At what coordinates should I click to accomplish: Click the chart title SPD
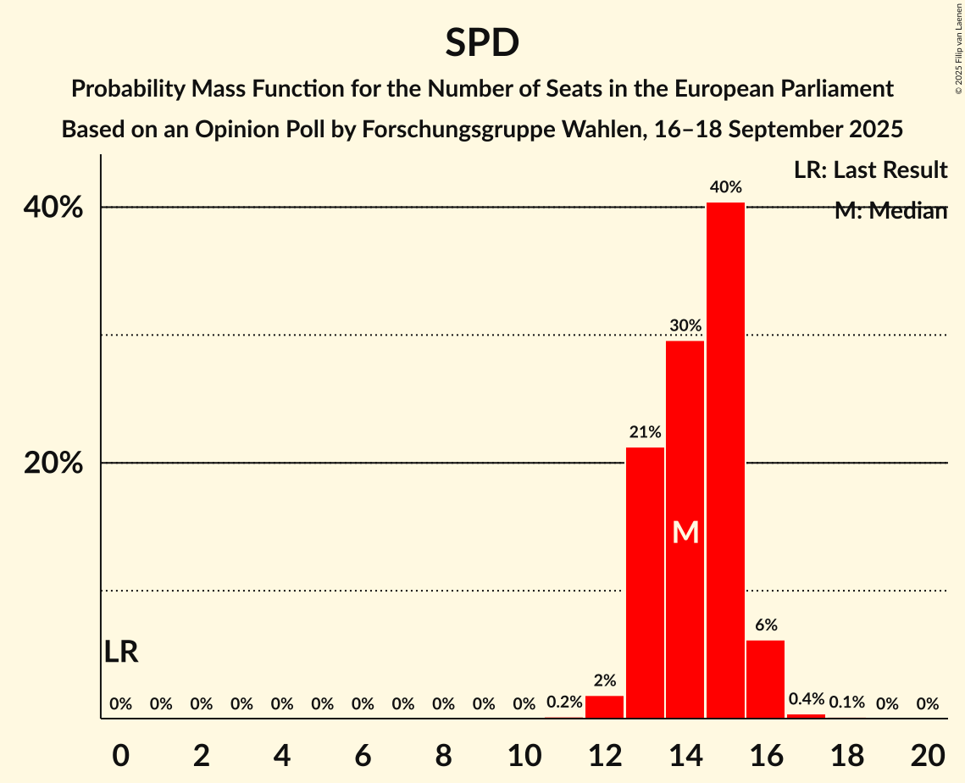[482, 43]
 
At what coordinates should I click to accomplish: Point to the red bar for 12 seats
[604, 707]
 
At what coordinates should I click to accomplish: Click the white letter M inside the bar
[685, 532]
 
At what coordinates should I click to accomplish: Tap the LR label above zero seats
[121, 652]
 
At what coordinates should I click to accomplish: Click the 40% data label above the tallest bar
[726, 187]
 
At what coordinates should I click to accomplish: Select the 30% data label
[685, 325]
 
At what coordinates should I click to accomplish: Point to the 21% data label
[645, 432]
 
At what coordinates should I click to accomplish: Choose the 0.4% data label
[806, 700]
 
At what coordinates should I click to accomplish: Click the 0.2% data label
[563, 702]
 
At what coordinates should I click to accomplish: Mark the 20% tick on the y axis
[58, 464]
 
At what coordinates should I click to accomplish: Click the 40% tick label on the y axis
[58, 208]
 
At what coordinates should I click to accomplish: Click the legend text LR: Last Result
[870, 170]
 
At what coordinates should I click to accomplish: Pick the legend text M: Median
[890, 211]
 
